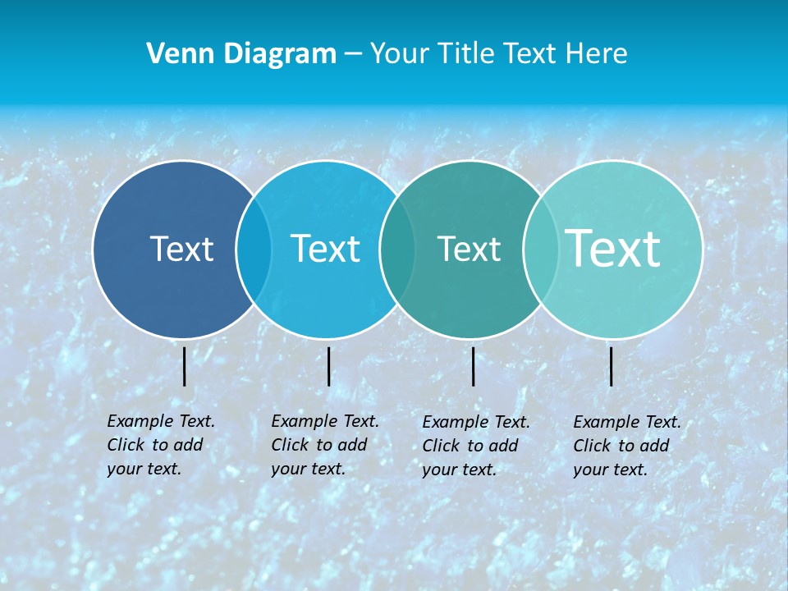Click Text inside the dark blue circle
coord(181,249)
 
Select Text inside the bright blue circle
coord(325,249)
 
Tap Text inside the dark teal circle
coord(469,249)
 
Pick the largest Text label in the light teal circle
coord(613,248)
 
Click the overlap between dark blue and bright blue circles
coord(254,249)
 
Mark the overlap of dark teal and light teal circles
coord(538,249)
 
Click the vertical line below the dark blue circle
coord(185,366)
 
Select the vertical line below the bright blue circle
coord(328,366)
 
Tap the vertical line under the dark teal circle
coord(473,366)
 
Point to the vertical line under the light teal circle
coord(611,366)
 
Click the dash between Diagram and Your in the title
coord(353,54)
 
